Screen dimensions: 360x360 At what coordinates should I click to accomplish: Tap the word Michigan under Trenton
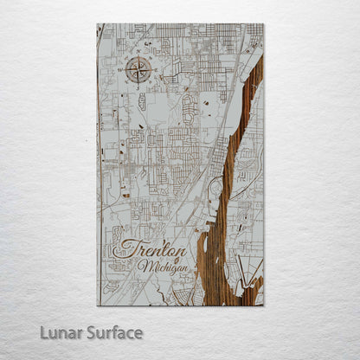tap(161, 265)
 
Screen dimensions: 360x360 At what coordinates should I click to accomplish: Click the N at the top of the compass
tap(137, 56)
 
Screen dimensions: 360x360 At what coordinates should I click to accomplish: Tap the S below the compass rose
tap(137, 84)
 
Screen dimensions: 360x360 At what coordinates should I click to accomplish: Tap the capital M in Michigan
tap(143, 264)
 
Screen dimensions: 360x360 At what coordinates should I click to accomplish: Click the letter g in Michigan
tap(171, 267)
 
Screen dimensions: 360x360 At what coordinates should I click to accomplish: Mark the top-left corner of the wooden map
tap(97, 24)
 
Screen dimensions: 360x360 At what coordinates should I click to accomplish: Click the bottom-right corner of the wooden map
tap(264, 305)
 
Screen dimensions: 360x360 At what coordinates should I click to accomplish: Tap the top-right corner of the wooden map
tap(264, 24)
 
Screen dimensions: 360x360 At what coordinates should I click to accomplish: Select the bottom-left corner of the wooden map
tap(97, 305)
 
